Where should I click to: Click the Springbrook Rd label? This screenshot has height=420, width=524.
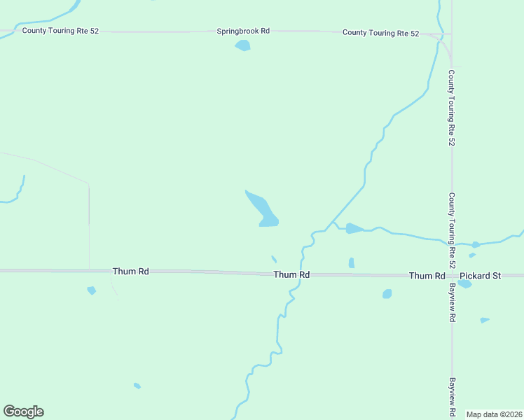click(243, 31)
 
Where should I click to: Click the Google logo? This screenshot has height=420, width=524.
click(24, 412)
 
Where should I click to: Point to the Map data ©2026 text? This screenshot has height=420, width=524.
click(495, 414)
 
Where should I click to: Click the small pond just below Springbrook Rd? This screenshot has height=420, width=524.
click(243, 45)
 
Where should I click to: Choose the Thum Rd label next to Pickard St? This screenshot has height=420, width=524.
click(427, 276)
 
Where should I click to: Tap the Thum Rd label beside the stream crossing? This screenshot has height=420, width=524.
click(291, 275)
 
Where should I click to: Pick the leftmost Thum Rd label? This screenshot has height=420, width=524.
click(130, 271)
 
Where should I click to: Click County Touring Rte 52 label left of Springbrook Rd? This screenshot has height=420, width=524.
click(60, 31)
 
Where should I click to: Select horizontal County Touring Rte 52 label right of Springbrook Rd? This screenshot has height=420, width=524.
click(380, 33)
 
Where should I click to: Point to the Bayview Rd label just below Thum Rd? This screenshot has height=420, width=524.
click(452, 302)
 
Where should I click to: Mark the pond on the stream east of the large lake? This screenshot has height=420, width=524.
click(354, 228)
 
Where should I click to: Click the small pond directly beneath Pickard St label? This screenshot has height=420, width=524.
click(465, 285)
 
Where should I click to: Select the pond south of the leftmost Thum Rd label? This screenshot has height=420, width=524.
click(91, 290)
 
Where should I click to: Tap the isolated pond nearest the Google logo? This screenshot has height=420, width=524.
click(137, 386)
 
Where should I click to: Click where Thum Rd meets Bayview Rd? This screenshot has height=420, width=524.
click(452, 275)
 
